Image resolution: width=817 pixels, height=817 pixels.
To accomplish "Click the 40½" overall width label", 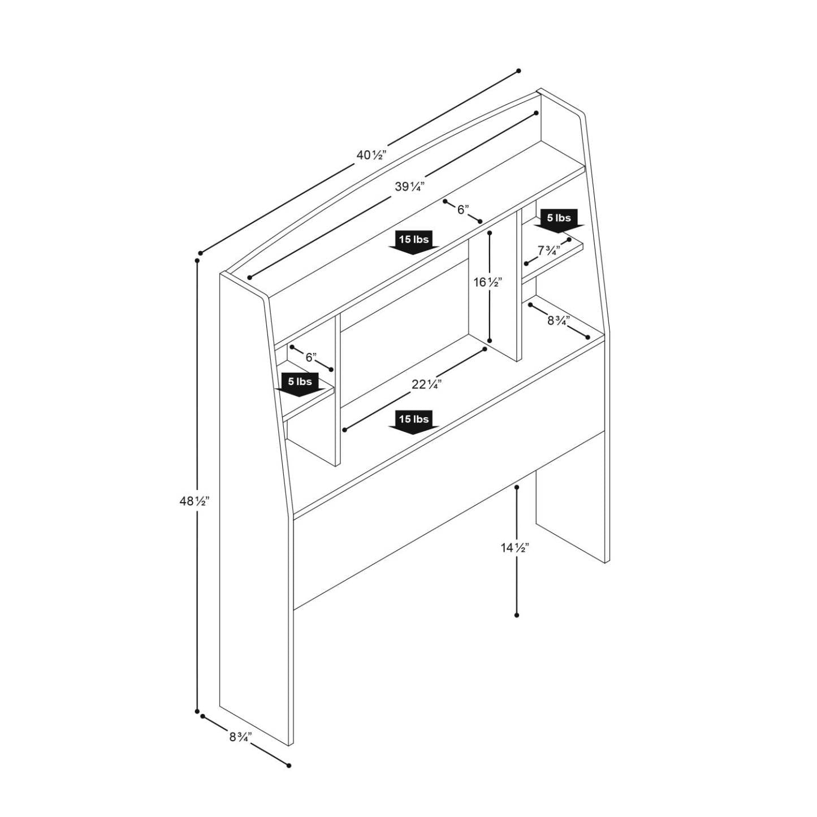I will [371, 154].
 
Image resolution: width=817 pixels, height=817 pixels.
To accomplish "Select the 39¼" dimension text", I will [409, 186].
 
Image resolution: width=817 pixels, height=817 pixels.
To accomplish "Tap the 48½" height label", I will [194, 501].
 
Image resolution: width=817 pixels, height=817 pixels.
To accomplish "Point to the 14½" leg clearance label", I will [515, 547].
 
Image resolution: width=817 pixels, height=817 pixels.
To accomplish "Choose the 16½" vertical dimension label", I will [487, 282].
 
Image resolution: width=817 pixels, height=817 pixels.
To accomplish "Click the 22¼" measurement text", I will [426, 384].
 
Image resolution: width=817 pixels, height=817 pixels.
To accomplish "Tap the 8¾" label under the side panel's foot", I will [240, 737].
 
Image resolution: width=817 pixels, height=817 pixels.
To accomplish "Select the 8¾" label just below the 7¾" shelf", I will [559, 321].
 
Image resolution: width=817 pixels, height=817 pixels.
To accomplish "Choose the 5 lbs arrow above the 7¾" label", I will [559, 220].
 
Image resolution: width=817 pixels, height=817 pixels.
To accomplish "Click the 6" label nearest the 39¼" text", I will [463, 210].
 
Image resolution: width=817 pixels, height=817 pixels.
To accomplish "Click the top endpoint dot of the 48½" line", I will [197, 261].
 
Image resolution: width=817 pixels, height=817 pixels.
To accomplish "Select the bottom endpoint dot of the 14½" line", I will [517, 615].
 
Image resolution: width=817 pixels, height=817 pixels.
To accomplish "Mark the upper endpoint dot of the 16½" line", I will [490, 232].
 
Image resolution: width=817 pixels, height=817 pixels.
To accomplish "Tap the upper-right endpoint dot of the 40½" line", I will [518, 71].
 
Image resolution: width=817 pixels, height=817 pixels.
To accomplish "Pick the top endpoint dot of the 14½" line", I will [517, 487].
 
